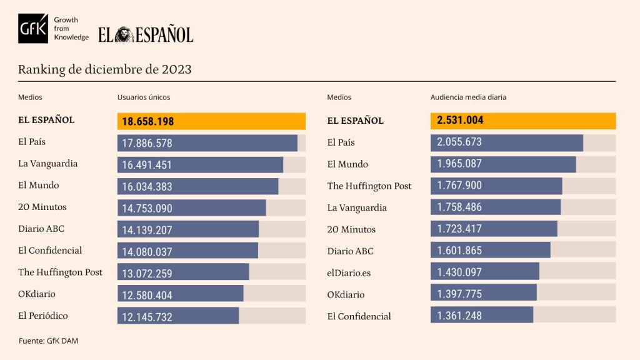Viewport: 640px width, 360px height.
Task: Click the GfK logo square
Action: [33, 29]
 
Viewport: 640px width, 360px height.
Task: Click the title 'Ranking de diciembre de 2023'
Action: [104, 69]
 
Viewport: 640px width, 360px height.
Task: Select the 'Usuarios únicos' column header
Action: [144, 97]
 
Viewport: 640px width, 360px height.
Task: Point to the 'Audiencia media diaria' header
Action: [468, 97]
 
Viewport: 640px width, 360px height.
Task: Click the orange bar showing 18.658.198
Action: [211, 121]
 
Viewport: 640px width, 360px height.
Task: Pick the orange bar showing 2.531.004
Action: [522, 121]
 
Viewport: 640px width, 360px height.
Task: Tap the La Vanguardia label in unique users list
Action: [48, 164]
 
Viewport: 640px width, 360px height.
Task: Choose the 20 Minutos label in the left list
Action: [42, 207]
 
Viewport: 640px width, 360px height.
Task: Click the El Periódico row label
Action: [43, 316]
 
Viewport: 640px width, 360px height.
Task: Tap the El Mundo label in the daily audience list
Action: [347, 164]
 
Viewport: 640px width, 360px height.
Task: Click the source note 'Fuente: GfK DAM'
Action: [48, 341]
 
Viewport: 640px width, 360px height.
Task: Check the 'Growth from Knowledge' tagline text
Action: [71, 29]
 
